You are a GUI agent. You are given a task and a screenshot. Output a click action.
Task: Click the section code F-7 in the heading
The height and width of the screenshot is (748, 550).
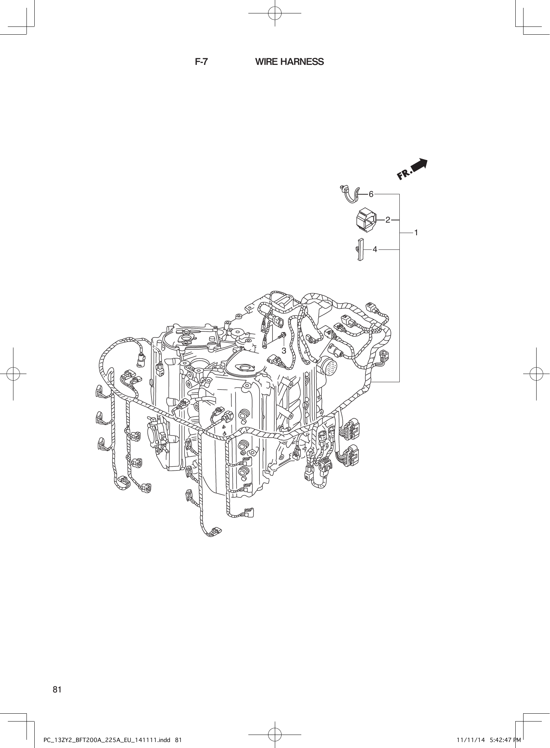pos(201,62)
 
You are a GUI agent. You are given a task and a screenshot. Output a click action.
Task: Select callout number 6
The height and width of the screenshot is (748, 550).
pos(371,194)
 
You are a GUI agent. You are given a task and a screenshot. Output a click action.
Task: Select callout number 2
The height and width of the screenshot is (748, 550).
pos(388,220)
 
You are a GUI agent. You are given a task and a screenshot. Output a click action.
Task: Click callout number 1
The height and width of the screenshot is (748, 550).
pos(416,232)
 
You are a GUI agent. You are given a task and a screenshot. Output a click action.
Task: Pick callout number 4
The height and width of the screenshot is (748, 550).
pos(375,249)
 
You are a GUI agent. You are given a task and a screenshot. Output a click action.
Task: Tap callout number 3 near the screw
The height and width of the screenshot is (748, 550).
pos(284,351)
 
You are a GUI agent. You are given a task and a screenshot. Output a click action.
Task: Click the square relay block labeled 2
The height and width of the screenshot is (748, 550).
pos(366,220)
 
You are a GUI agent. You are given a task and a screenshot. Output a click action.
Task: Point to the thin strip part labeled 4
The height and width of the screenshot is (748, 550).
pos(360,249)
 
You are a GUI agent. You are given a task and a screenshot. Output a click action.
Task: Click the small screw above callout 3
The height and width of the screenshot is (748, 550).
pos(283,336)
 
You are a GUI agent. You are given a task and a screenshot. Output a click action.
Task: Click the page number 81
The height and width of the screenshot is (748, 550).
pos(57,689)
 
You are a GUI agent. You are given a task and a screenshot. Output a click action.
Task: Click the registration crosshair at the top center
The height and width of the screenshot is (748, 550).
pos(275,13)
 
